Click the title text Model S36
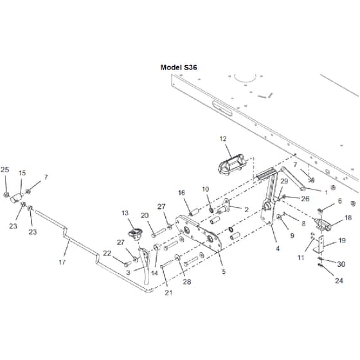179,67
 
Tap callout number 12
223,139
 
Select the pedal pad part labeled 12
231,164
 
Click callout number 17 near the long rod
62,262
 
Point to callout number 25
5,170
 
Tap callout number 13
125,213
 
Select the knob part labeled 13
135,233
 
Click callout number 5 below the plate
224,271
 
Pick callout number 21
168,292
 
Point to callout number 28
187,282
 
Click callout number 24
339,280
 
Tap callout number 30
341,264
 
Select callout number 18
348,217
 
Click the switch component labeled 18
323,224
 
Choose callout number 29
284,181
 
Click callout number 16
181,193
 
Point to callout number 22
107,253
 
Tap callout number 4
278,248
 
